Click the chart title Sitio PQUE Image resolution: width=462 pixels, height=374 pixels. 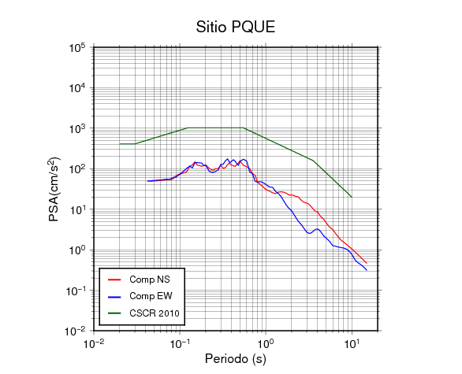(x=236, y=27)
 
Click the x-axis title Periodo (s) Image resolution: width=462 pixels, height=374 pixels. (x=236, y=359)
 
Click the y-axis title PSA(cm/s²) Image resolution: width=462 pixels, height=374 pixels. (x=54, y=189)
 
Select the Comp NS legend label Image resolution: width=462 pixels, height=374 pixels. (x=150, y=280)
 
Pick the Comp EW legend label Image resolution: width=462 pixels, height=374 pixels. (x=151, y=296)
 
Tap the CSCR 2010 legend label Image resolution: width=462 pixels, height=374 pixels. (x=155, y=313)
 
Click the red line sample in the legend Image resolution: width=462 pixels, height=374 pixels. (x=114, y=280)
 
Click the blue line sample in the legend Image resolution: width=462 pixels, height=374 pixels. (x=114, y=297)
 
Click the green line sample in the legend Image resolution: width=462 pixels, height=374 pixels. (x=114, y=313)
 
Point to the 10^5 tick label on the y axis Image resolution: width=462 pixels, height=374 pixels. (x=77, y=48)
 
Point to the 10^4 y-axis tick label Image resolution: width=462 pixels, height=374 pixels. (x=77, y=88)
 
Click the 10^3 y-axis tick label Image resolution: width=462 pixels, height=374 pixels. (x=77, y=128)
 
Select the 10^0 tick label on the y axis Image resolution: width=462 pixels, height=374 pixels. (x=77, y=250)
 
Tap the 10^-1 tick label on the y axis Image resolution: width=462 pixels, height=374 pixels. (x=75, y=291)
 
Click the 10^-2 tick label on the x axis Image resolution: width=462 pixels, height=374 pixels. (x=94, y=343)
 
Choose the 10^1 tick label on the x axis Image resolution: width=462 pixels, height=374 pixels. (x=352, y=343)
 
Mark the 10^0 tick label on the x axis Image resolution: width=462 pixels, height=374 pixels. (x=266, y=343)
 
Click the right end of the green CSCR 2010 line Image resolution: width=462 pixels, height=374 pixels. (x=352, y=197)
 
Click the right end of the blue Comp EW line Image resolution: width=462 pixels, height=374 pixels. (x=367, y=270)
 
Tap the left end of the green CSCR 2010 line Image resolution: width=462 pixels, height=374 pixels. (x=120, y=144)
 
